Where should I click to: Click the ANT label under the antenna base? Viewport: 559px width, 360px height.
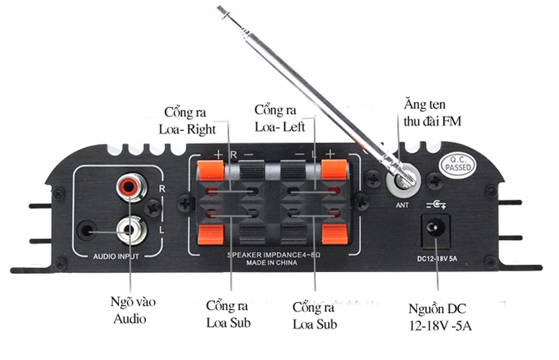402,204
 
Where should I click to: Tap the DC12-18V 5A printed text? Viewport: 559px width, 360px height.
436,257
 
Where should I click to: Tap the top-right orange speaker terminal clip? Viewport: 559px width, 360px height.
333,172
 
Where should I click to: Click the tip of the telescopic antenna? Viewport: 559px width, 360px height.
220,9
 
